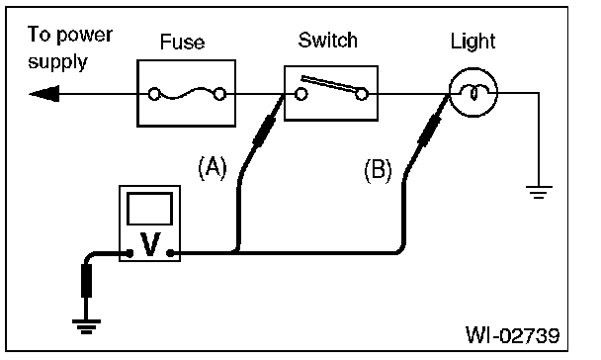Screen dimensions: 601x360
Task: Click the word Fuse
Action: (183, 42)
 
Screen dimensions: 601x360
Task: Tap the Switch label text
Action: (328, 41)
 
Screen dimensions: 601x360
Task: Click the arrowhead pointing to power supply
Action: (44, 94)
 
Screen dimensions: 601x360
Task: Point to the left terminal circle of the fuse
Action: (154, 94)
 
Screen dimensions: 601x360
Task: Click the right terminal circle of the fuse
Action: (219, 94)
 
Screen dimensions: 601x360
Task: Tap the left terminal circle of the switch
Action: (300, 94)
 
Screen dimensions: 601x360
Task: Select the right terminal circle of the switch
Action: (362, 94)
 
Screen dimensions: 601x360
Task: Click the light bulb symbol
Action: (473, 92)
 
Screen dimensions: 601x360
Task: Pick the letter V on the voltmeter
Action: (150, 244)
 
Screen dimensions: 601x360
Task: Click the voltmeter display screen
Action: (149, 209)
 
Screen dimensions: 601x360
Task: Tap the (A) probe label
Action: (213, 168)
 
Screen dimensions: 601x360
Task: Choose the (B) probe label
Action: (378, 170)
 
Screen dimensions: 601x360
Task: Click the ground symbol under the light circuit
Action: (539, 192)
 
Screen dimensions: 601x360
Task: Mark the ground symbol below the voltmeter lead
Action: (86, 326)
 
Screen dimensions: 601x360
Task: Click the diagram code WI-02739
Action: (512, 334)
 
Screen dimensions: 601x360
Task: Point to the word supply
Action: (58, 62)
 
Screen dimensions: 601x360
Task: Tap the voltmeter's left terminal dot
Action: (129, 253)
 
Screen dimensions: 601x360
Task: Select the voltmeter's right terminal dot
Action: (170, 253)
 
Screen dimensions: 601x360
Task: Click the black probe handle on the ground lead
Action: (86, 281)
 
